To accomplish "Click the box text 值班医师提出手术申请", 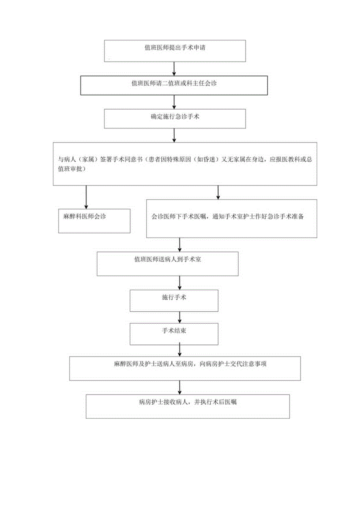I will [x=174, y=49].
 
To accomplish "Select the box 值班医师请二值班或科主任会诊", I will [x=174, y=83].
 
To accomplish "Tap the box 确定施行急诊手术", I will [x=174, y=117].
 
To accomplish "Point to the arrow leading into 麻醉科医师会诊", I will [x=86, y=197].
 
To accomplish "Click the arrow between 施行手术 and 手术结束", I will [x=180, y=317].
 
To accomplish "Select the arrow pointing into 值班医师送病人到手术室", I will [x=180, y=244].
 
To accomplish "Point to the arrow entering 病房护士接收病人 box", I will [x=180, y=387].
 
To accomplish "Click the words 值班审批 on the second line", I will [x=71, y=169].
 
